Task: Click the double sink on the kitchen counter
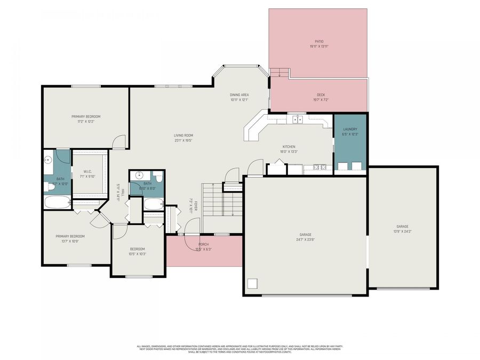coord(297,119)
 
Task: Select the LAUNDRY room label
coord(350,129)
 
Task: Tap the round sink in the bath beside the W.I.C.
coord(48,159)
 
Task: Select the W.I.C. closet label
coord(88,172)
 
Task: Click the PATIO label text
coord(318,41)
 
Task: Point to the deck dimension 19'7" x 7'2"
coord(321,100)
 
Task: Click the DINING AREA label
coord(239,95)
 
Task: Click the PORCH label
coord(204,244)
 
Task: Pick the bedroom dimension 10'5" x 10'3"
coord(138,254)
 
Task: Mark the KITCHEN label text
coord(289,147)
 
